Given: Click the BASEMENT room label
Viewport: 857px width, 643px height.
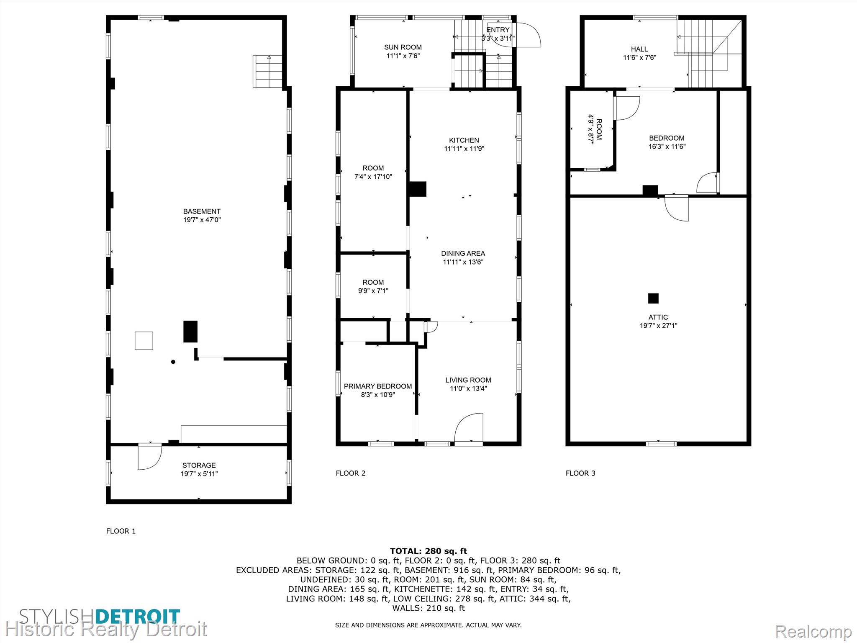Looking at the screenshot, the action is [x=202, y=211].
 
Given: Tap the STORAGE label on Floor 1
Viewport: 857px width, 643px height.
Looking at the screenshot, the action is [x=199, y=465].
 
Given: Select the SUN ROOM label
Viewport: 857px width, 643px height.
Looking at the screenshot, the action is [x=403, y=47].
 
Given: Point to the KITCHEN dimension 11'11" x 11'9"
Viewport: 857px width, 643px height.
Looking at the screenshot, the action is [x=464, y=149].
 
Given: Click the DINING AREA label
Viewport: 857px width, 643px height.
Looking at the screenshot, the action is [x=463, y=253].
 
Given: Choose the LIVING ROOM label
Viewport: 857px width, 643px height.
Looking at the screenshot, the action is [x=468, y=380].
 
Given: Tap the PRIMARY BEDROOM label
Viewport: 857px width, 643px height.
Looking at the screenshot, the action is [x=378, y=386].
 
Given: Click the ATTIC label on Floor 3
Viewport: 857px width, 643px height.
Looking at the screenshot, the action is [x=658, y=317].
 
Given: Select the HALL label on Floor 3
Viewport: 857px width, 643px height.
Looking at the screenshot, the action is [x=639, y=49].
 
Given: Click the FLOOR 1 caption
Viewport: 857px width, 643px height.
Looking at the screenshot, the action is [x=121, y=531].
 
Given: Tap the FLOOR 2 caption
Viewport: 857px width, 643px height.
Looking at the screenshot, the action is [x=351, y=473].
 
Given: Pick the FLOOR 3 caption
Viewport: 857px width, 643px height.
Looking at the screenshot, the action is [x=580, y=473].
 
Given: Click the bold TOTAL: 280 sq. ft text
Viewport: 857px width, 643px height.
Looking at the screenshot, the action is [x=428, y=551].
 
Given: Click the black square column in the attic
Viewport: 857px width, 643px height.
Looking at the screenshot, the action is [x=653, y=298].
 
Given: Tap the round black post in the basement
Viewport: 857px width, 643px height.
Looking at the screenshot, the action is [x=173, y=362].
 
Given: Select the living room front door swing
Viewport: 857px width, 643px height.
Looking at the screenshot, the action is [x=469, y=427].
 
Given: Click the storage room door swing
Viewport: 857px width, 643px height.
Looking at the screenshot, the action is [x=150, y=457].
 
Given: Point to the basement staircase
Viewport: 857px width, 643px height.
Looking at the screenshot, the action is [x=267, y=71].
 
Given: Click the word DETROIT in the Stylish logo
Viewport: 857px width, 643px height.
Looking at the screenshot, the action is [x=138, y=617].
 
